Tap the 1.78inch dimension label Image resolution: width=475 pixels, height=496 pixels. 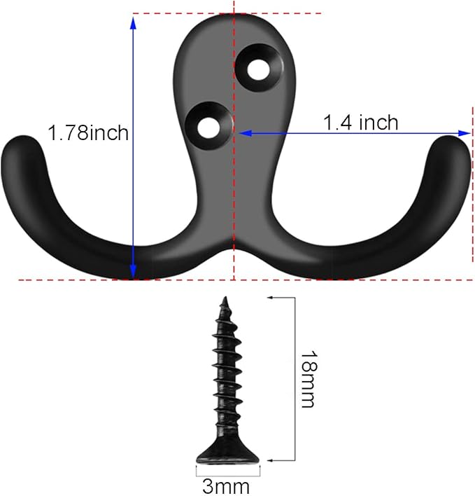(88, 132)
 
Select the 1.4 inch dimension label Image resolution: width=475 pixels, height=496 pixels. (360, 123)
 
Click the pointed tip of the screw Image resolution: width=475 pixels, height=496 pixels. (225, 301)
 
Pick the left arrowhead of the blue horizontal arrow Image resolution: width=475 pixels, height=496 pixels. (241, 132)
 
